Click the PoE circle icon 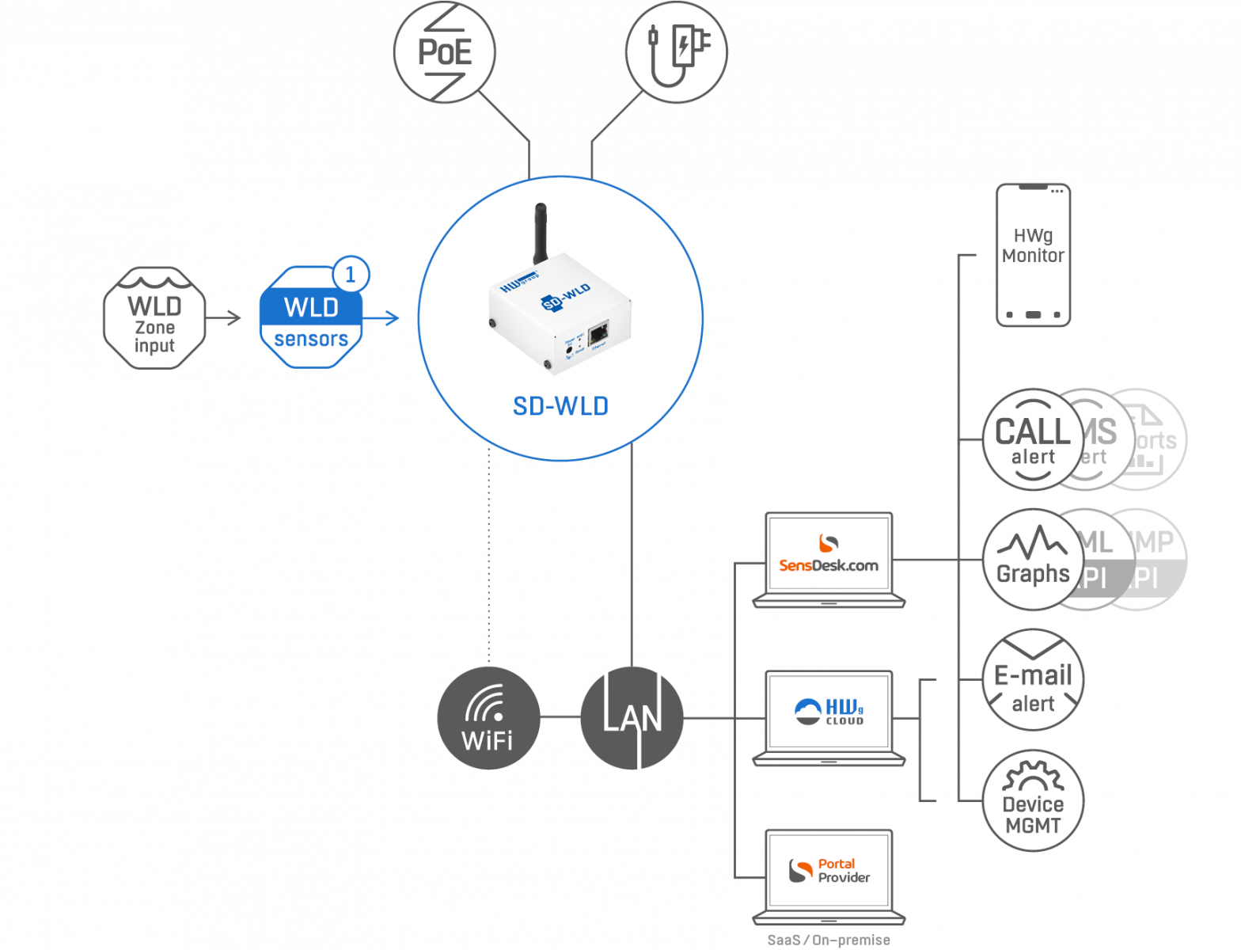[x=444, y=52]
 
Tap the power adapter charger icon [x=676, y=51]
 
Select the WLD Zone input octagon [x=154, y=317]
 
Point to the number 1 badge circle [x=351, y=275]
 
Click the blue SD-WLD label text [x=560, y=406]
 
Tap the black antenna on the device [x=540, y=234]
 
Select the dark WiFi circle [x=488, y=718]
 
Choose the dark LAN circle [x=632, y=718]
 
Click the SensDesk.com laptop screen [x=829, y=552]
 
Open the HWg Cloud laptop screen [x=829, y=710]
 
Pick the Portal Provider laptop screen [x=829, y=869]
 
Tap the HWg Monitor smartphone [x=1033, y=255]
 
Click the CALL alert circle [x=1032, y=439]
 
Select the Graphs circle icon [x=1032, y=560]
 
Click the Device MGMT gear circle [x=1032, y=800]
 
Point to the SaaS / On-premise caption [x=829, y=940]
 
